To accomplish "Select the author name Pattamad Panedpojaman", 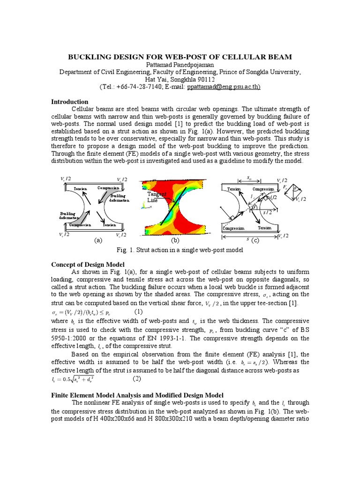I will coord(180,65).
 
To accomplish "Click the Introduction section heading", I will coord(69,102).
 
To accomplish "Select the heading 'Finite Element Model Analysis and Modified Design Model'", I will coord(137,395).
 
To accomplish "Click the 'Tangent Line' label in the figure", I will coord(153,197).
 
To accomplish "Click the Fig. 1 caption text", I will coord(180,250).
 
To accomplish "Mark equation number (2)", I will coord(137,378).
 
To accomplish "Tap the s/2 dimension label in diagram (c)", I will coord(267,212).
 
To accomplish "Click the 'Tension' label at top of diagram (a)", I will coord(80,188).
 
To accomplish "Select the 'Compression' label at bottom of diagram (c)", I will coord(233,228).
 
